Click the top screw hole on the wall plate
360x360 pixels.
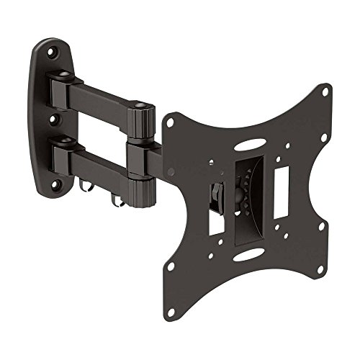pyautogui.click(x=52, y=53)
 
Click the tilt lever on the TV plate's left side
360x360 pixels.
pyautogui.click(x=215, y=195)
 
